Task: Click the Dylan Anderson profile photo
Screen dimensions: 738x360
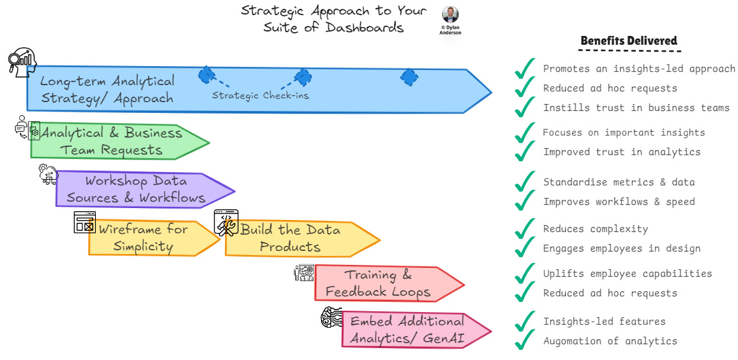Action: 450,15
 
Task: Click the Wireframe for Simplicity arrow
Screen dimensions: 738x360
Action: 151,238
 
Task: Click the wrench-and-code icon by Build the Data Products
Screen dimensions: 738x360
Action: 226,223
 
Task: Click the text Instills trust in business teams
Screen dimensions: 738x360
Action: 636,108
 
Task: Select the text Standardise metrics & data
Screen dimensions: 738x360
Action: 618,182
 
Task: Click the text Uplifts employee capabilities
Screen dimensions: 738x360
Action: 627,274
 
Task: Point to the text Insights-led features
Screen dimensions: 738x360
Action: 604,322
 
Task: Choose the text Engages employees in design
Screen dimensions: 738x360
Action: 621,248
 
